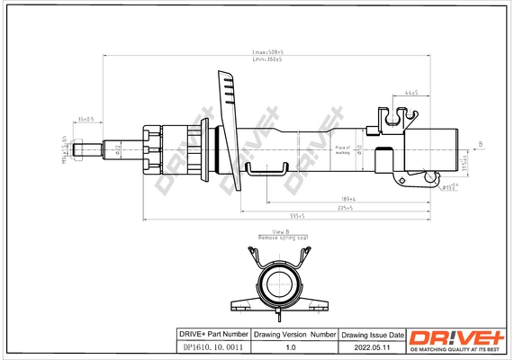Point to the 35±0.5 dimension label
(87, 118)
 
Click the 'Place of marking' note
(342, 149)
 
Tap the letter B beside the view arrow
(479, 144)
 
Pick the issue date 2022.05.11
(371, 347)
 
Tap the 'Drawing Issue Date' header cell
(371, 334)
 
